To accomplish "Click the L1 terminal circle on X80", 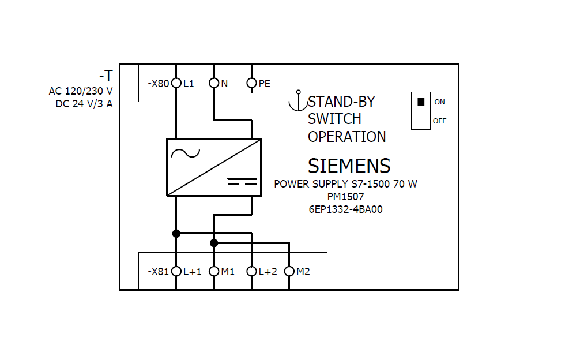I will click(x=176, y=84).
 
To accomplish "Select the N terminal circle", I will click(x=214, y=84).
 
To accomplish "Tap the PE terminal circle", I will click(x=251, y=84).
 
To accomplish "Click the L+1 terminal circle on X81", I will click(x=176, y=271).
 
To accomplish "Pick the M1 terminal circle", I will click(x=214, y=271).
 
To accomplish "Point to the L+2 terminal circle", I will click(x=251, y=271).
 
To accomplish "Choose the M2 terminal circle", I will click(x=289, y=271).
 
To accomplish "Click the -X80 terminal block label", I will click(x=158, y=84).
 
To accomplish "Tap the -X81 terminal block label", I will click(x=158, y=271).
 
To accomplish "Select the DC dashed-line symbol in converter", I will click(x=242, y=182).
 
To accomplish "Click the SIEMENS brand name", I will click(x=349, y=166).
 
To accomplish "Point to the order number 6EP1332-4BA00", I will click(x=345, y=209).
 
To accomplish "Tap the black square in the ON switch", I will click(x=421, y=102).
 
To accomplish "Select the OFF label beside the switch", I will click(x=439, y=121).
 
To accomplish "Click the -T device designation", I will click(x=106, y=76).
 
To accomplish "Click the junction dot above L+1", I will click(x=176, y=234).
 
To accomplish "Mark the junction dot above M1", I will click(x=214, y=243).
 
